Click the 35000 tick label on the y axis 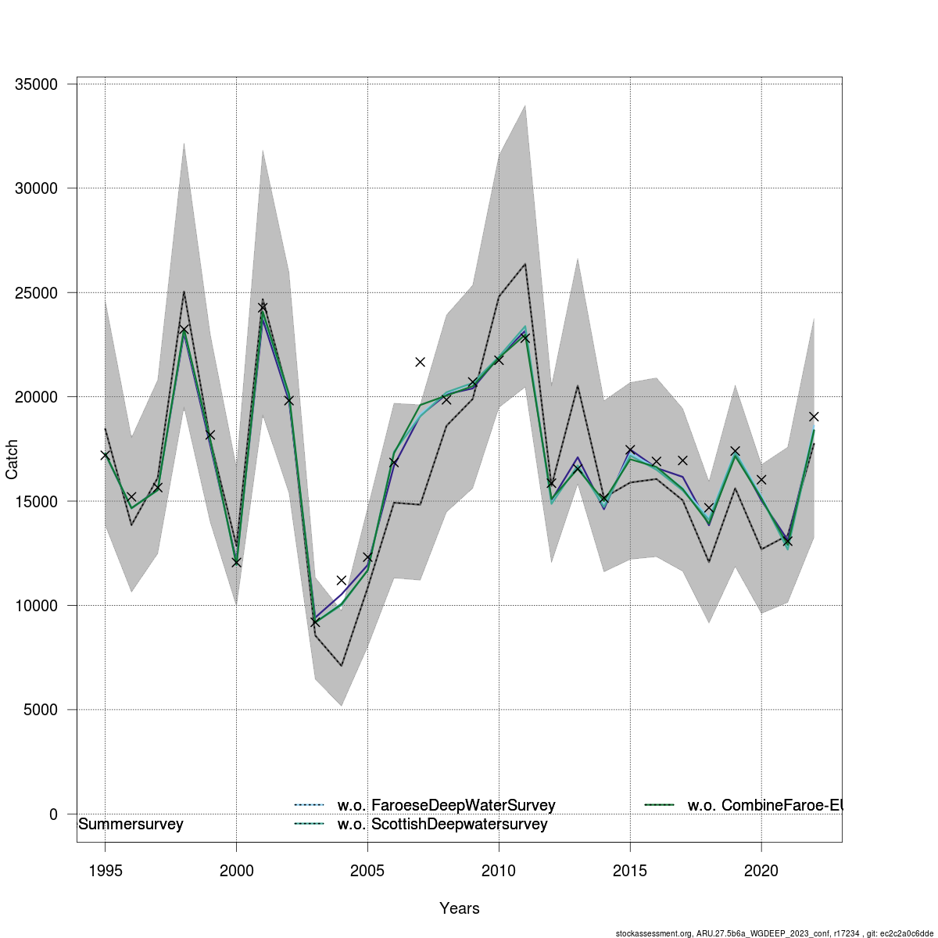tap(37, 84)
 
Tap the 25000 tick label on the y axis tap(37, 293)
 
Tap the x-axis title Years tap(460, 908)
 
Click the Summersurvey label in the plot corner tap(131, 825)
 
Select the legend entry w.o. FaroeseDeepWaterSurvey tap(446, 805)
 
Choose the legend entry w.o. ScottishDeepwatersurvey tap(442, 825)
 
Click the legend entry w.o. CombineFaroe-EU tap(764, 805)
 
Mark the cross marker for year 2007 tap(421, 362)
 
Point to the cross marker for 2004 tap(342, 580)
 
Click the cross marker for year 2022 tap(814, 416)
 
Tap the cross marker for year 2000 tap(236, 562)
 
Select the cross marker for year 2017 tap(682, 460)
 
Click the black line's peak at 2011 tap(524, 264)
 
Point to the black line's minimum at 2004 tap(342, 666)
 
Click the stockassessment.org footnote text tap(775, 933)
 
